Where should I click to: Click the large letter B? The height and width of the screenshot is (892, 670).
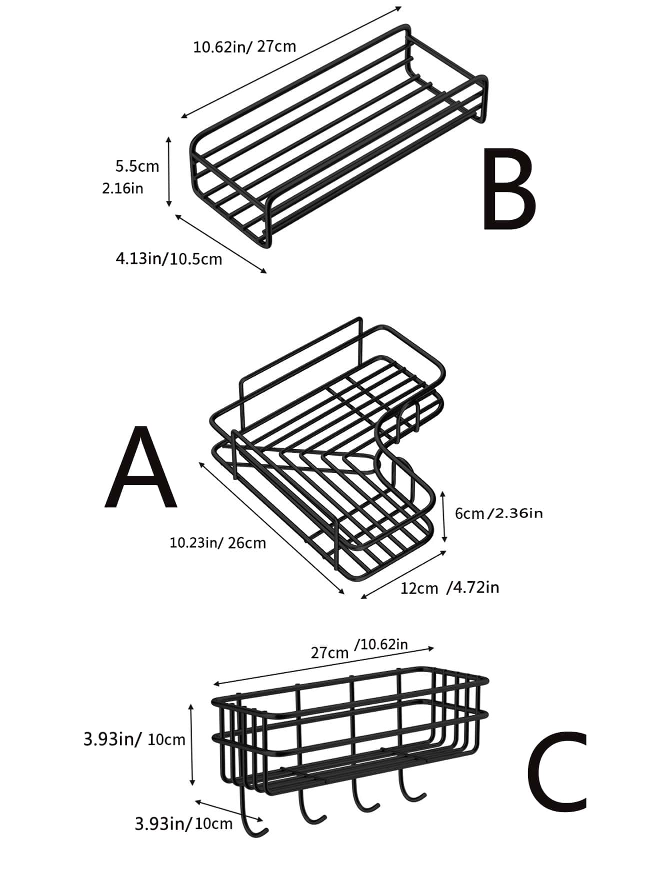point(509,190)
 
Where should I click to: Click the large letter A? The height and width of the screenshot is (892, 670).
point(141,467)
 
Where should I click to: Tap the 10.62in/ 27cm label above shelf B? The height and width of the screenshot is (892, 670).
point(244,47)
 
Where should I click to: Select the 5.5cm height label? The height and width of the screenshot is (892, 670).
point(137,166)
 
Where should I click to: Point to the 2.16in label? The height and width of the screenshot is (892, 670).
point(122,188)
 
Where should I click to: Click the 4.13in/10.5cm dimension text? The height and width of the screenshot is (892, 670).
point(168,259)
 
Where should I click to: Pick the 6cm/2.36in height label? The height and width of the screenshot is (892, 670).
point(498,513)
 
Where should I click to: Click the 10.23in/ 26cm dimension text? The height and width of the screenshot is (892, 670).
point(217,543)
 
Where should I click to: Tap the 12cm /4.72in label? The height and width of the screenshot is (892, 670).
point(449,588)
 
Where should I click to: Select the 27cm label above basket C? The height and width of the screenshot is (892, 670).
point(329,653)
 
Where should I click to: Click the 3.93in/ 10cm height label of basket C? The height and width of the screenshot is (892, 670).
point(134,739)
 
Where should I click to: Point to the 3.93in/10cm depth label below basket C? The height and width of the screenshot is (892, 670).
point(183,824)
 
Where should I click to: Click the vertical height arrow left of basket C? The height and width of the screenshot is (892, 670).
point(191,745)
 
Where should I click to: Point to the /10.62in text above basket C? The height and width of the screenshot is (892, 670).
point(381,645)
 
